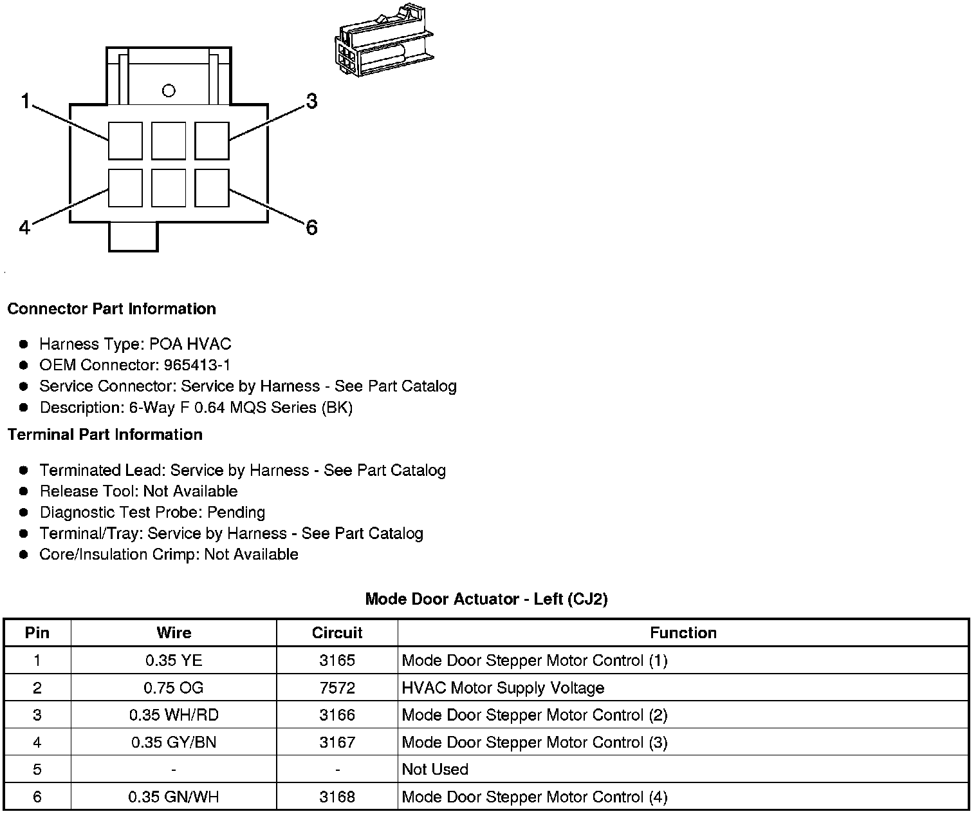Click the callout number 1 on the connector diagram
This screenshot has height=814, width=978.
(25, 101)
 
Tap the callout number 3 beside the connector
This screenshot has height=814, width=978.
(311, 101)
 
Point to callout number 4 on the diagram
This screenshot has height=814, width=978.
(24, 227)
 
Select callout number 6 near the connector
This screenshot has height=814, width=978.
(311, 227)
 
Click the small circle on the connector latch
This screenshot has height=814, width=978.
(169, 91)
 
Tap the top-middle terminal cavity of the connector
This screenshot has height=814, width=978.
(169, 140)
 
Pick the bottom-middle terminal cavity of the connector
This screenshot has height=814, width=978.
(169, 188)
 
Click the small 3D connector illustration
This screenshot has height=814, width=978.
(385, 43)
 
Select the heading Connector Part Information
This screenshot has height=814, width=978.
(111, 309)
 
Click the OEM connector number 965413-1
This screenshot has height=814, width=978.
(197, 365)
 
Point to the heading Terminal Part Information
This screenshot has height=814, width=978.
(105, 435)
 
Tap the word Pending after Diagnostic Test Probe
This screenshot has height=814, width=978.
(236, 513)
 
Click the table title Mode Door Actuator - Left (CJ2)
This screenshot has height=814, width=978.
(486, 600)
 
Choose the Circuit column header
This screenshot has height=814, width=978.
(337, 633)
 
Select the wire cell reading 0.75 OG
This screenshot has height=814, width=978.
(174, 688)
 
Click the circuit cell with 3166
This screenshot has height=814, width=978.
(337, 715)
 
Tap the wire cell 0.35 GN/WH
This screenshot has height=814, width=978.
(174, 797)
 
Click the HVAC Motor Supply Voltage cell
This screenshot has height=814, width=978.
(503, 688)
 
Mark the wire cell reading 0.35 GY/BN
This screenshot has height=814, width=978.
(174, 743)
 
